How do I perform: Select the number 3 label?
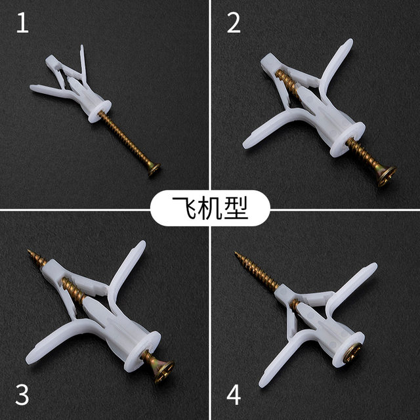(22, 395)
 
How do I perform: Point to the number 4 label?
(234, 395)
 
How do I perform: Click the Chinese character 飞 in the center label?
(180, 209)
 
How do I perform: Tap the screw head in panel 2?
(387, 177)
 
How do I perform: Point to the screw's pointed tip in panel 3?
(30, 251)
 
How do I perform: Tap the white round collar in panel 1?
(100, 109)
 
